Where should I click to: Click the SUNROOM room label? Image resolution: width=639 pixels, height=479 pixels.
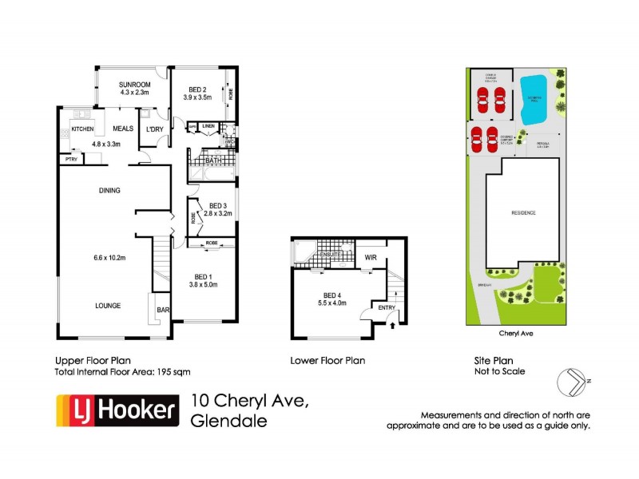pyautogui.click(x=136, y=84)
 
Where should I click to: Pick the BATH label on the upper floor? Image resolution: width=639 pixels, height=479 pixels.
pyautogui.click(x=213, y=160)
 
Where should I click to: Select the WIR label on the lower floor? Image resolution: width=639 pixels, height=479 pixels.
pyautogui.click(x=370, y=258)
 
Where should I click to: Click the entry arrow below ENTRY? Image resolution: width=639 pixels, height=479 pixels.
pyautogui.click(x=393, y=324)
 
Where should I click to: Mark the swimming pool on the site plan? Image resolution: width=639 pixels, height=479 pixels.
pyautogui.click(x=534, y=100)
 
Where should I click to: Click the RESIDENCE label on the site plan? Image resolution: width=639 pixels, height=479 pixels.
pyautogui.click(x=524, y=213)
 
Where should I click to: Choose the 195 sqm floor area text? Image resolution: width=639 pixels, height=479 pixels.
pyautogui.click(x=173, y=372)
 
